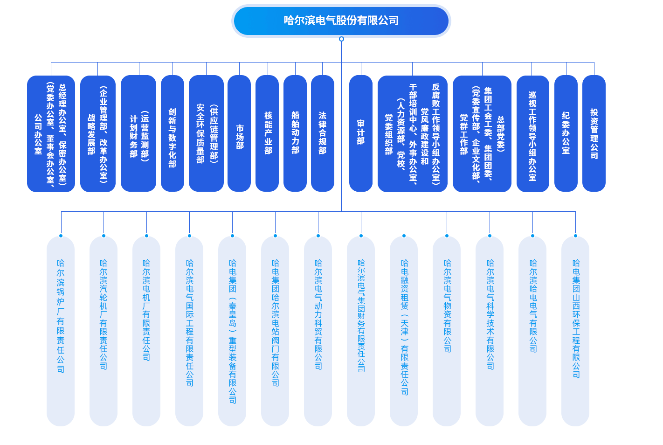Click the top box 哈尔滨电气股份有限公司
tap(341, 21)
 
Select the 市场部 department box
tap(239, 133)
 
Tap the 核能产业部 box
tap(267, 133)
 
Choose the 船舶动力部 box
tap(295, 133)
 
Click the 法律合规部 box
tap(323, 133)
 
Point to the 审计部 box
tap(361, 133)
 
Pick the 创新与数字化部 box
tap(173, 133)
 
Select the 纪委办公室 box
tap(566, 133)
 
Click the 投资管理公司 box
tap(594, 133)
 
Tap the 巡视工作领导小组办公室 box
tap(532, 133)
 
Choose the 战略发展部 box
tap(98, 133)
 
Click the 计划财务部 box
tap(138, 133)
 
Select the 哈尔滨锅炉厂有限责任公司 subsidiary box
tap(61, 331)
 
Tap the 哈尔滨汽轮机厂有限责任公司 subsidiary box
tap(104, 331)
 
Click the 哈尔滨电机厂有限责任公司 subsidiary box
tap(146, 331)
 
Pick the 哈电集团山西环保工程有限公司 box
tap(575, 331)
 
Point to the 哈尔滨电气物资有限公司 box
tap(447, 331)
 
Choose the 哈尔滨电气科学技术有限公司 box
tap(490, 331)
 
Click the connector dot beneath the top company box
tap(341, 39)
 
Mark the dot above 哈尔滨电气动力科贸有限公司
tap(318, 236)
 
